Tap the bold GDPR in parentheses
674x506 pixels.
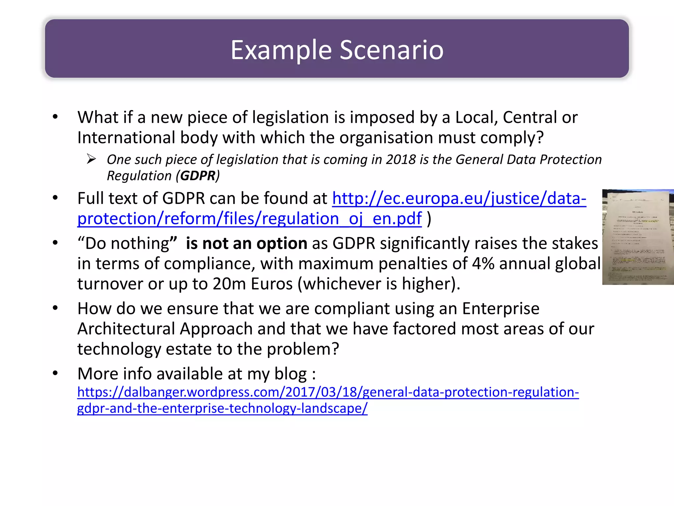tap(197, 176)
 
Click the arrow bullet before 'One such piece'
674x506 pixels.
tap(91, 159)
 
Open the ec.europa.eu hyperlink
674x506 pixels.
tap(459, 199)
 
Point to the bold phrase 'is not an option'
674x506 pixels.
tap(246, 243)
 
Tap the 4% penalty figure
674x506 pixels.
tap(483, 264)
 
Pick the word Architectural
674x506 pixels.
tap(126, 329)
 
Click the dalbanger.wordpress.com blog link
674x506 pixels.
tap(328, 392)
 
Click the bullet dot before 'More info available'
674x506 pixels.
tap(55, 373)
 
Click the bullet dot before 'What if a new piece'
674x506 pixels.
tap(55, 117)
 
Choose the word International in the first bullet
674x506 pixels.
tap(126, 137)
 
